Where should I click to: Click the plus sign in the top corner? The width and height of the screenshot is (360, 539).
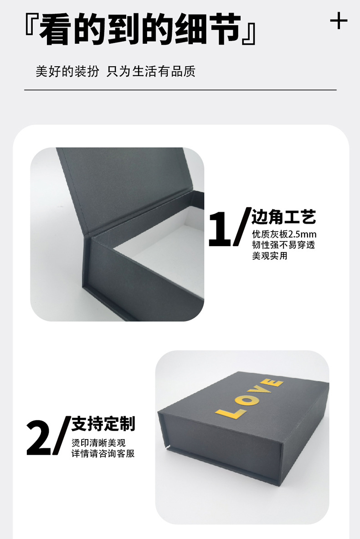click(x=338, y=21)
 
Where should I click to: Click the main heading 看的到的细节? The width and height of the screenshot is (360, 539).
click(x=139, y=29)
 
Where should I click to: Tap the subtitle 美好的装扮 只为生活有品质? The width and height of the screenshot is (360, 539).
click(x=115, y=72)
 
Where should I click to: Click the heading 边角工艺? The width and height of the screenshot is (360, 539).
click(x=283, y=218)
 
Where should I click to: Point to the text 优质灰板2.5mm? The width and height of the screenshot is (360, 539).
click(x=283, y=235)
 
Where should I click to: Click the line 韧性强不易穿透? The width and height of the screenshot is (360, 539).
click(x=283, y=245)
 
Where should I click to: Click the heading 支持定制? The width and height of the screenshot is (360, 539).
click(x=103, y=424)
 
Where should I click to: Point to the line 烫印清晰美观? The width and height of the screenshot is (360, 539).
click(x=98, y=443)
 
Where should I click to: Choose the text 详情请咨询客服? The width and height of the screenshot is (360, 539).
click(x=103, y=454)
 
